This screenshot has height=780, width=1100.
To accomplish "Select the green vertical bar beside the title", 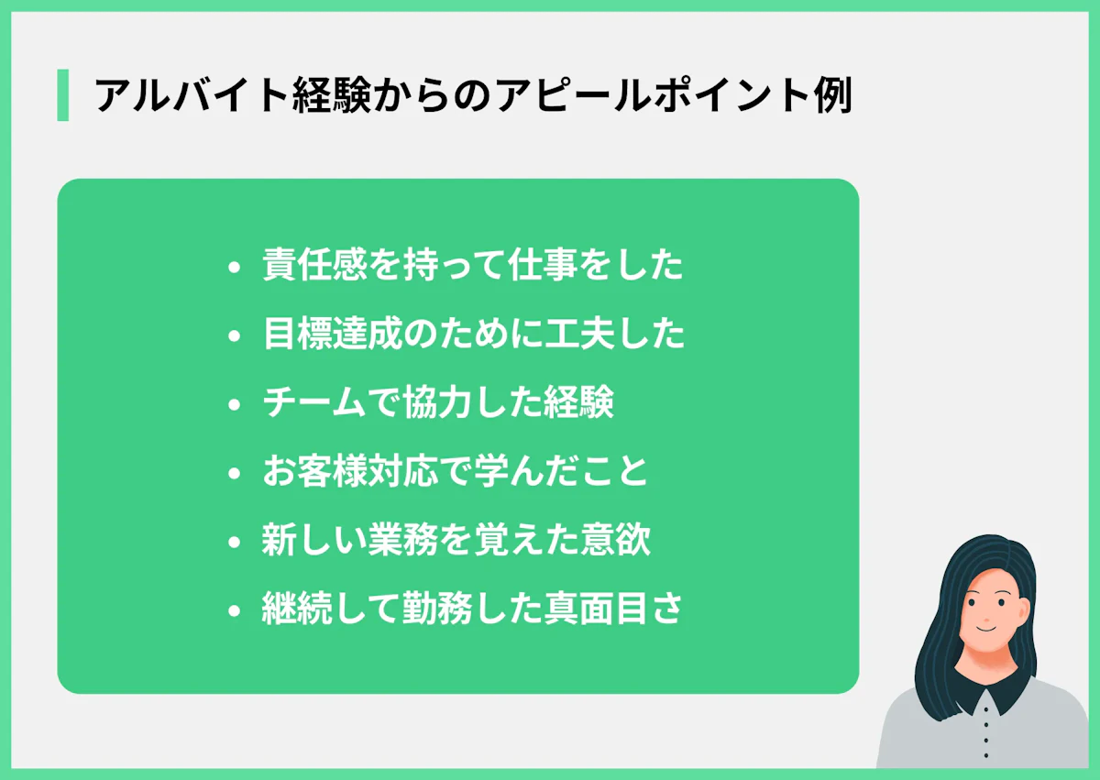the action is point(63,94).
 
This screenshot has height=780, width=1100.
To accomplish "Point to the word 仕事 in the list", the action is point(544,265).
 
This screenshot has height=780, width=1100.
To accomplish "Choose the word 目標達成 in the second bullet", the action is point(333,334).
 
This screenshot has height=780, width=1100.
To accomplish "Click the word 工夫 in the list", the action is point(579,334).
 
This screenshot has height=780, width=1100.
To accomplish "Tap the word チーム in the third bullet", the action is point(314,402).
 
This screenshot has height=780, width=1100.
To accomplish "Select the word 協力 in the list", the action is point(438,402).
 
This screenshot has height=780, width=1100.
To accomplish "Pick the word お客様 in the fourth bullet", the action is point(315,471).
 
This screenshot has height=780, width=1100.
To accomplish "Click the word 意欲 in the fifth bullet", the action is point(615,540).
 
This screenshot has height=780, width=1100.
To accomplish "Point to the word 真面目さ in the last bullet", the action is point(613,609).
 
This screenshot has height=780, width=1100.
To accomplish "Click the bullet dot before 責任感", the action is point(235,268).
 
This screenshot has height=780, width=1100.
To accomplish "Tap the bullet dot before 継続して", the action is point(235,611).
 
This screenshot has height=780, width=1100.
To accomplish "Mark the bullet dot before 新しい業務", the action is point(235,543).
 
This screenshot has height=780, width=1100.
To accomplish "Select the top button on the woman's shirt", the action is point(985,710).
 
